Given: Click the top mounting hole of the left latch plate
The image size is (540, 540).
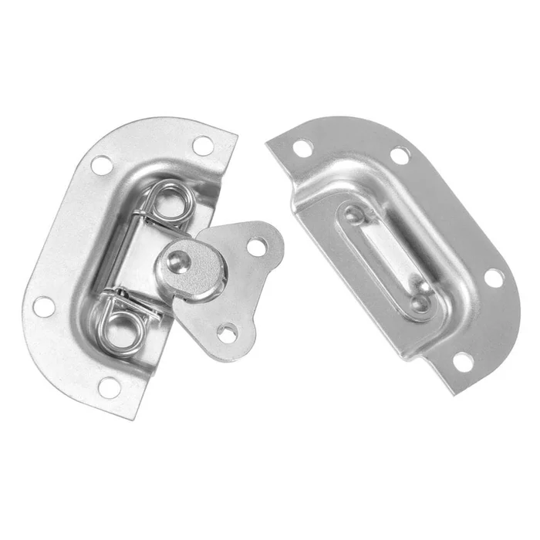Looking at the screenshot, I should point(202,144).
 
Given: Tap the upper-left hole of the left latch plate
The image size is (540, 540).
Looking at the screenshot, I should point(102,164).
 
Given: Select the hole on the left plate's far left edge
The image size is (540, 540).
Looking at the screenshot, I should point(43,307).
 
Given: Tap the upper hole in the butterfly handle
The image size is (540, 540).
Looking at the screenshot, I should point(258,246).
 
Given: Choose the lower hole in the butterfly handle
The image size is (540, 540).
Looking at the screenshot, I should point(227,332).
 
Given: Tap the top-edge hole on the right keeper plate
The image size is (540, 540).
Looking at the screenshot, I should point(399,155).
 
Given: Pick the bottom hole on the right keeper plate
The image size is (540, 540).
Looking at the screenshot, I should point(461,359).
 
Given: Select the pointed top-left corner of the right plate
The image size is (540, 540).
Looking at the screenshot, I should point(266,141).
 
